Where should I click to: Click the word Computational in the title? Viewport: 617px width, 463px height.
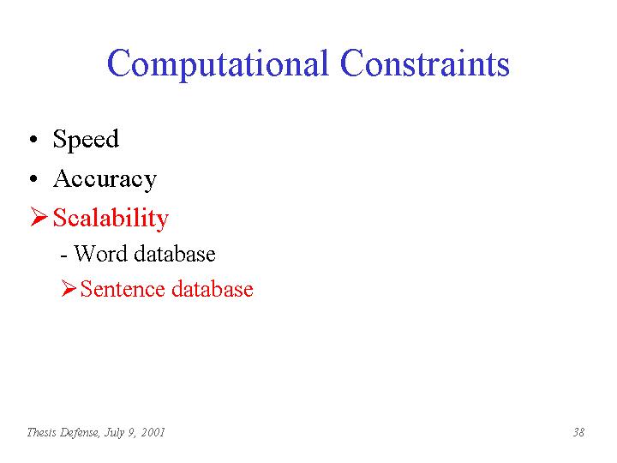218,64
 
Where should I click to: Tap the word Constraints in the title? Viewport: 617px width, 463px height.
425,63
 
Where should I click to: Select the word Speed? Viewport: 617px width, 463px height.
86,140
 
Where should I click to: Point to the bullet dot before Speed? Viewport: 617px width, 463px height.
33,140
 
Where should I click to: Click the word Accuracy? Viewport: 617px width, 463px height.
105,180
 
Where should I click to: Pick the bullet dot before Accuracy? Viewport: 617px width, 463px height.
33,178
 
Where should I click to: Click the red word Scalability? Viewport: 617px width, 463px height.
111,218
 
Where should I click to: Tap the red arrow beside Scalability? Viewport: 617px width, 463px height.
39,217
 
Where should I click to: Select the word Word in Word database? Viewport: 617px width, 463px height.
100,253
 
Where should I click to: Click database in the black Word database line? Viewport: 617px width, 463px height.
175,253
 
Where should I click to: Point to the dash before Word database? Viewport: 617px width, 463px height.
63,256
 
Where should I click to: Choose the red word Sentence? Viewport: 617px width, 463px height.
123,289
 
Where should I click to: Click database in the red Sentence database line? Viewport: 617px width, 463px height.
213,289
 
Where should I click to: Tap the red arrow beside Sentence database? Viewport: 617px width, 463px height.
69,289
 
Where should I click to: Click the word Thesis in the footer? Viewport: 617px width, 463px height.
41,432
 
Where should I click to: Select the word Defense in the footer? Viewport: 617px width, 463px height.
80,432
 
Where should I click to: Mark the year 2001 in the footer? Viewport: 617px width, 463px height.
153,432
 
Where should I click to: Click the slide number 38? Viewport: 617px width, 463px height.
578,432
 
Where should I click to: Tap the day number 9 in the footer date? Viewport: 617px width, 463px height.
132,433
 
